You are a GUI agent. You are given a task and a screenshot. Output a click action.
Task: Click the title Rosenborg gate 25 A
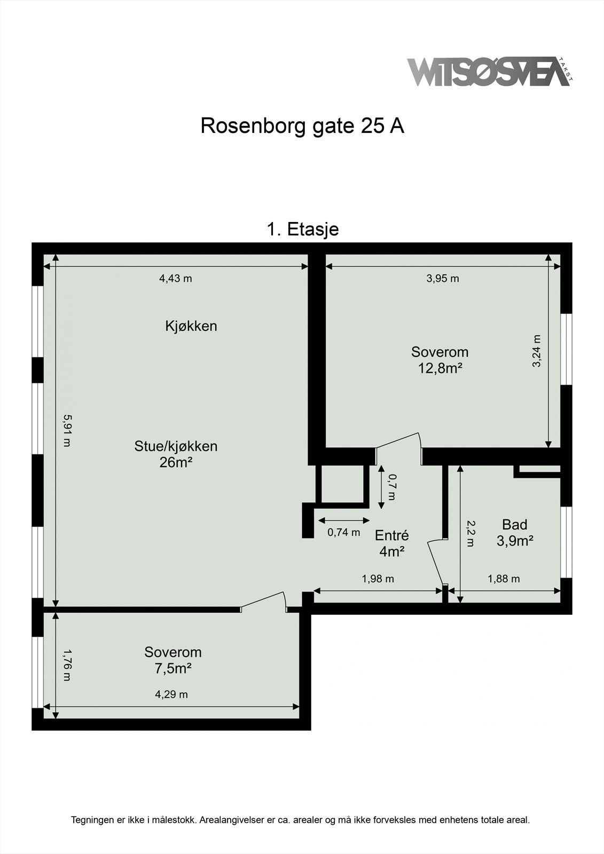[x=302, y=126]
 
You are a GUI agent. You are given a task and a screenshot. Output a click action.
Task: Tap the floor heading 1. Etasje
[x=302, y=230]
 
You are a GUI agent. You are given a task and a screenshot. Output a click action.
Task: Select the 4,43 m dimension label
[x=176, y=278]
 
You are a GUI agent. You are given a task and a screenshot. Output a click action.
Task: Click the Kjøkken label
[x=191, y=326]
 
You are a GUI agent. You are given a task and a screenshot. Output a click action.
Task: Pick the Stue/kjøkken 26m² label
[x=176, y=454]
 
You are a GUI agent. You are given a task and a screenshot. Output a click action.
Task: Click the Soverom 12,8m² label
[x=440, y=360]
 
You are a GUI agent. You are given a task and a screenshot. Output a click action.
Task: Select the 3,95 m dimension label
[x=443, y=278]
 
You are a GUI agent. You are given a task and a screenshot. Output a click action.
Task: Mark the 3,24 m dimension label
[x=537, y=351]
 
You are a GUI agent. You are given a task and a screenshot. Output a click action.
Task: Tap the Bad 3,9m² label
[x=515, y=533]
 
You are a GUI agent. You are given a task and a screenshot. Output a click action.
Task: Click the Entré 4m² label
[x=391, y=543]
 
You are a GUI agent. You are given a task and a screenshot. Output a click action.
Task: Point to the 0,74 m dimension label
[x=343, y=532]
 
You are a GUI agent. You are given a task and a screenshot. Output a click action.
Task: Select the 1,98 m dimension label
[x=378, y=579]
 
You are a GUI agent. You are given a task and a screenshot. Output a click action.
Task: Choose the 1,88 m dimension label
[x=504, y=579]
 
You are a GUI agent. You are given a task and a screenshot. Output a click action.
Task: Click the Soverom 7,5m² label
[x=173, y=660]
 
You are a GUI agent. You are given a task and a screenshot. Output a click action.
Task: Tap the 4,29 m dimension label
[x=171, y=694]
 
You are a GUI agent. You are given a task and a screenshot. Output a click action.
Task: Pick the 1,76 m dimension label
[x=66, y=665]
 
